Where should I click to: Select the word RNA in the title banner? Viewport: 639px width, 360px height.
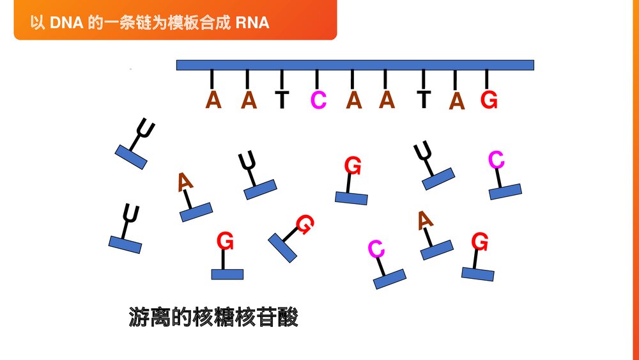(x=252, y=23)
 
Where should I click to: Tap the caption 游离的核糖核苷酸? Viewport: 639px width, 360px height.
(x=213, y=317)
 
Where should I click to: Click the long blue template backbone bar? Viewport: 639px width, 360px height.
(x=355, y=65)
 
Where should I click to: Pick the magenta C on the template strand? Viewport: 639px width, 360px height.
(x=318, y=100)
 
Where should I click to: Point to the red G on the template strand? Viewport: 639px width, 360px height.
(x=489, y=100)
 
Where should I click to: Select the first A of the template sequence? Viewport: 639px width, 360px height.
(x=213, y=100)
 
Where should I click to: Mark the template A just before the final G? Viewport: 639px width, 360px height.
(x=456, y=101)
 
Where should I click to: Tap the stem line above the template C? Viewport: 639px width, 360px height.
(x=317, y=79)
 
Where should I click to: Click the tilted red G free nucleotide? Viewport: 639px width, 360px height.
(x=305, y=224)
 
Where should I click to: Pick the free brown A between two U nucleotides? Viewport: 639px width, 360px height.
(x=185, y=182)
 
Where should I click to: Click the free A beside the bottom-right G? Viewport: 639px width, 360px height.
(x=426, y=221)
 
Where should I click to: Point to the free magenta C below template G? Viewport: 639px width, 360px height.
(x=497, y=160)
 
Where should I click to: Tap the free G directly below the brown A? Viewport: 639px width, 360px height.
(x=225, y=242)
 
